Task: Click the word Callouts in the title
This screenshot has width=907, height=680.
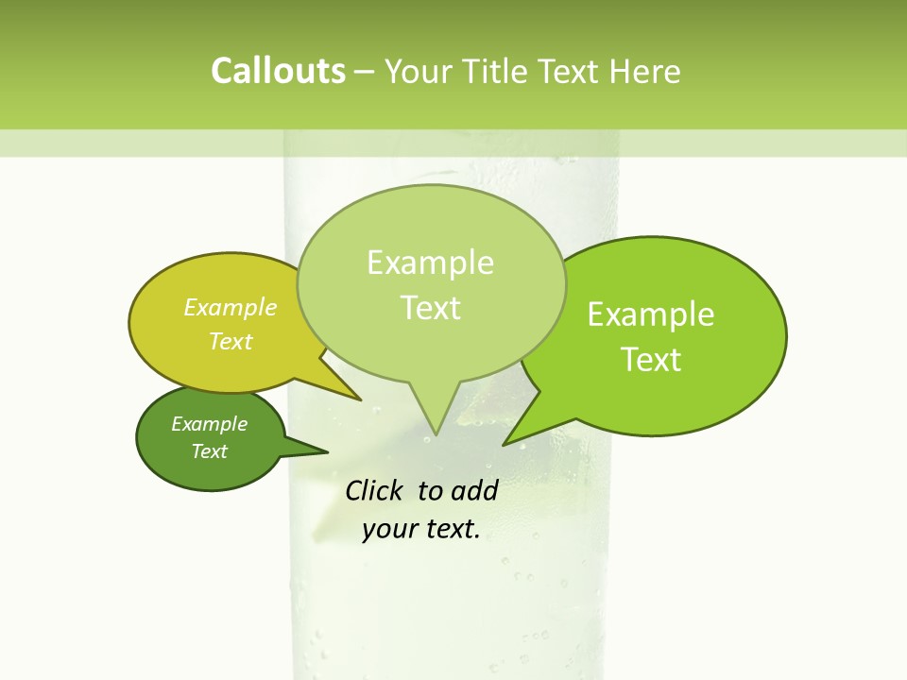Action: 278,71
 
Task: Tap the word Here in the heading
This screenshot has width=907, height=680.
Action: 646,71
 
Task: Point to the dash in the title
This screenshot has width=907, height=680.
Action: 365,72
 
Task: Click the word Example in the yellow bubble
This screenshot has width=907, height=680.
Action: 231,307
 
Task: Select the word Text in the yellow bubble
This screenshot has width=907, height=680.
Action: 231,341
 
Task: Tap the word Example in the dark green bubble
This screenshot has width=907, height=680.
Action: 209,424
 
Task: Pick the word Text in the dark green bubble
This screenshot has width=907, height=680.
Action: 209,450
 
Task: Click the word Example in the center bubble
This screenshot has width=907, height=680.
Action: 430,263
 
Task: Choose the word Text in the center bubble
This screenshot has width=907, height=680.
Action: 430,307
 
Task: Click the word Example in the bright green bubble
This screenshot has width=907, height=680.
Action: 651,314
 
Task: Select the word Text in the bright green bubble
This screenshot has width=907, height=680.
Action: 651,359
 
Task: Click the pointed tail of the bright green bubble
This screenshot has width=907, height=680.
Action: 511,439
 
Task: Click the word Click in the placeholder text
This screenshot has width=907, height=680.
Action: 376,490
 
